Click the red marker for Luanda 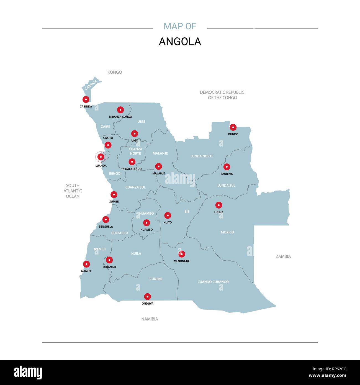click(x=101, y=157)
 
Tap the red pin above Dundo click(x=233, y=127)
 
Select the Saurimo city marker click(x=227, y=167)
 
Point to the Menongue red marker click(x=182, y=254)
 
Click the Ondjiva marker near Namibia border click(x=148, y=297)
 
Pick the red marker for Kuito click(x=168, y=215)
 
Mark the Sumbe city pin click(x=114, y=194)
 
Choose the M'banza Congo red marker click(x=120, y=110)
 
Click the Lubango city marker click(x=109, y=260)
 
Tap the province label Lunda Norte click(x=202, y=156)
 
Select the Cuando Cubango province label click(x=213, y=282)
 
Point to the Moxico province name click(x=227, y=232)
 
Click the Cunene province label click(x=156, y=279)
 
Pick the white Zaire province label click(x=106, y=127)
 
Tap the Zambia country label click(x=283, y=256)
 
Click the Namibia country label click(x=150, y=319)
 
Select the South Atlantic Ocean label click(x=73, y=191)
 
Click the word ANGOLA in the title click(x=180, y=42)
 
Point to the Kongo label click(x=115, y=72)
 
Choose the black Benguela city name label click(x=106, y=227)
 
